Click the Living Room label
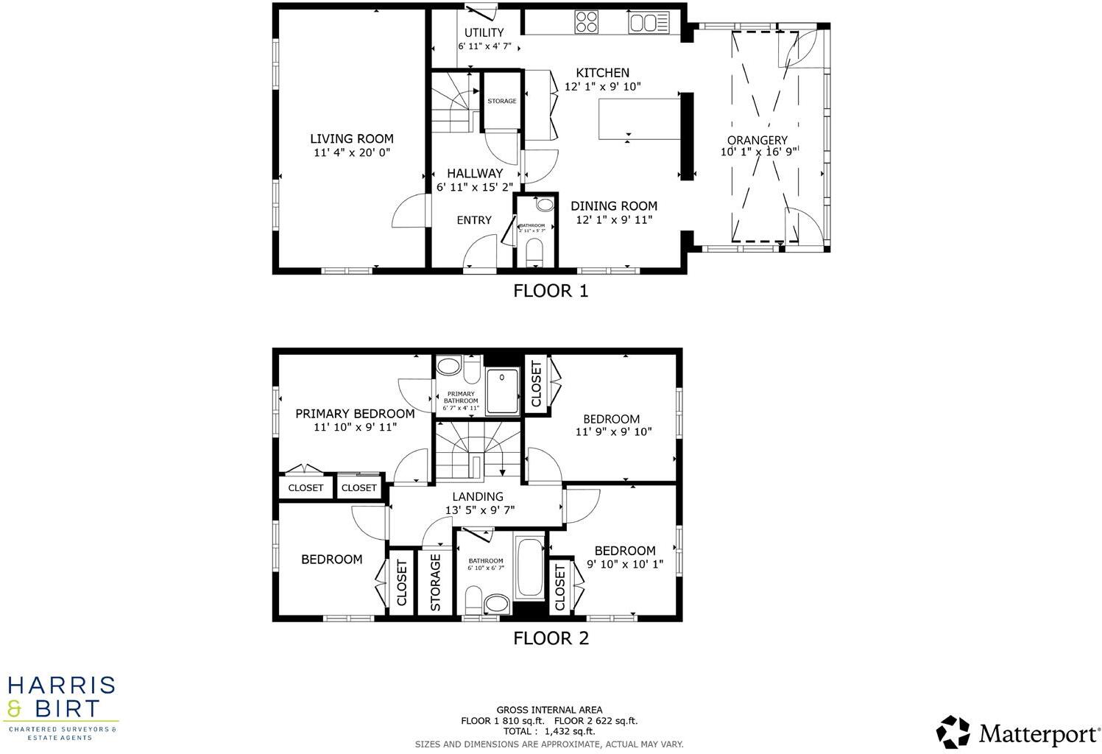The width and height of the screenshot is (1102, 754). [351, 138]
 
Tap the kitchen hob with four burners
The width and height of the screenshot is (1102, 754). [587, 22]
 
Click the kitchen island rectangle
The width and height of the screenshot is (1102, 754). [638, 119]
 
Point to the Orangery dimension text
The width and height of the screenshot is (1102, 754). [758, 152]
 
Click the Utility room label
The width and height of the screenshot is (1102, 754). [484, 32]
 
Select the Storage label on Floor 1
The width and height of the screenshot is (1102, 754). [502, 101]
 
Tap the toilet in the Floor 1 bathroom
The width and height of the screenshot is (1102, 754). [535, 253]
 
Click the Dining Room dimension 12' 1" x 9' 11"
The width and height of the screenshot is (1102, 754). [614, 219]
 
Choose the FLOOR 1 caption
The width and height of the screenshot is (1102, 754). [551, 291]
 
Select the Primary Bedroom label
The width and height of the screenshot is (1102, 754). [355, 414]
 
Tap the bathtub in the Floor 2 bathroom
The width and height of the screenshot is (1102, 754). [529, 568]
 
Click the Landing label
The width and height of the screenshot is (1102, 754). [478, 496]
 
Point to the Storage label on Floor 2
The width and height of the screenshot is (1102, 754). [435, 582]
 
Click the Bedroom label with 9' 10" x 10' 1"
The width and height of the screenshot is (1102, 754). [624, 551]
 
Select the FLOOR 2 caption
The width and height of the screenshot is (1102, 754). [551, 638]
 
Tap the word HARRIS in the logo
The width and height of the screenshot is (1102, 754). [62, 686]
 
